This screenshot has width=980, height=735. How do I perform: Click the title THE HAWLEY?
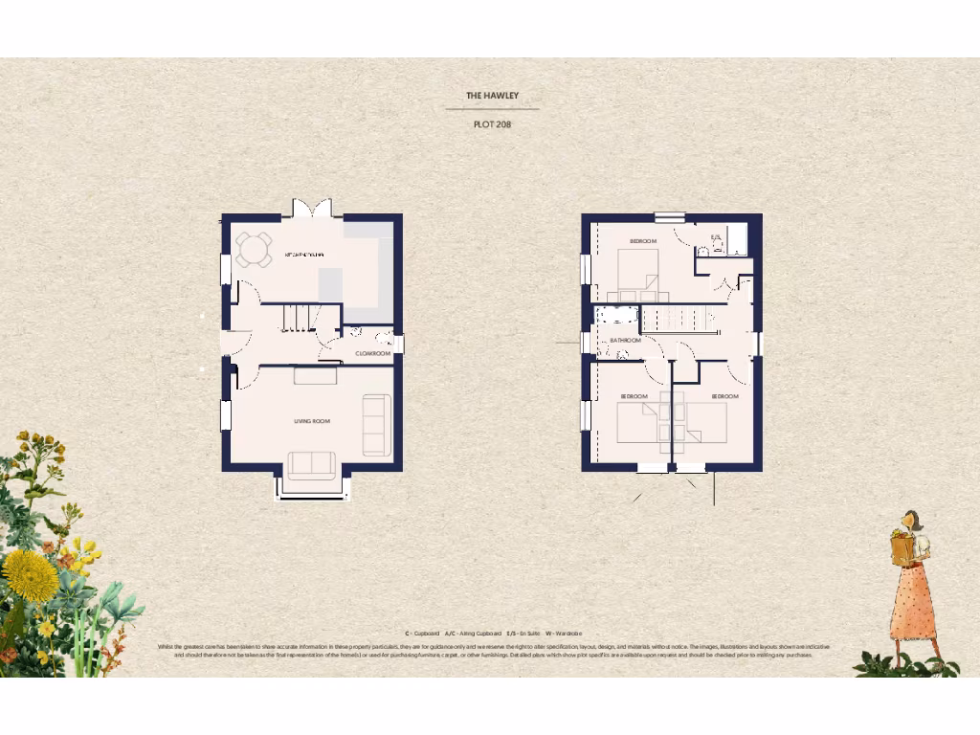[492, 96]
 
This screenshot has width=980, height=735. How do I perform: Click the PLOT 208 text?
[492, 124]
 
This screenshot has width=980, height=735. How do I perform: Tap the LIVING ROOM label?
[312, 421]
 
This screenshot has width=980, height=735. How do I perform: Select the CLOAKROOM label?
[373, 353]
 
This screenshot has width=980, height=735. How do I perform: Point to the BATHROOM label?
[625, 340]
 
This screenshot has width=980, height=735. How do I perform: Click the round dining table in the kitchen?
[254, 250]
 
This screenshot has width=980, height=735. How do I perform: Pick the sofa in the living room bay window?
[311, 465]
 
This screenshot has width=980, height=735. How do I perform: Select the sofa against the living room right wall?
[376, 425]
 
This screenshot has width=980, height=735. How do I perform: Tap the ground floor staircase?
[300, 316]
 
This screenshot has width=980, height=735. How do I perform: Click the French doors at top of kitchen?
[312, 208]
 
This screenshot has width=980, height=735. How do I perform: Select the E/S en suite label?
[715, 236]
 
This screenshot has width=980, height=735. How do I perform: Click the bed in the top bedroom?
[637, 273]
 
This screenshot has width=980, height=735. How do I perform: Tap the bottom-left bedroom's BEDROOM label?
[634, 396]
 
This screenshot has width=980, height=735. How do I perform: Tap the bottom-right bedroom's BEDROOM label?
[724, 396]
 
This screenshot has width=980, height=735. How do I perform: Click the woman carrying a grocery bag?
[913, 584]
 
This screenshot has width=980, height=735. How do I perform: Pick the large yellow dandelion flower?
[30, 575]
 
